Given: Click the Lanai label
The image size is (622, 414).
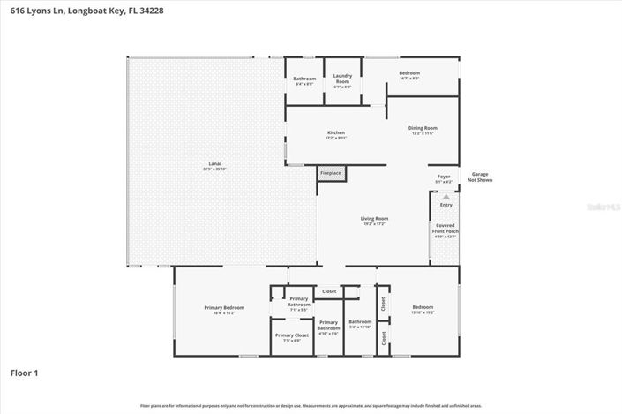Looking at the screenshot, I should tap(214, 165).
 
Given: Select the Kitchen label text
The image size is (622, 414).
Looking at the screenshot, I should tap(336, 134).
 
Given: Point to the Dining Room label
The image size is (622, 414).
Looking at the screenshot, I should tap(423, 130).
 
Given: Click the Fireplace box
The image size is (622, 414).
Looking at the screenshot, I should tap(331, 174).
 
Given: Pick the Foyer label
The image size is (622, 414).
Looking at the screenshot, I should tap(444, 178).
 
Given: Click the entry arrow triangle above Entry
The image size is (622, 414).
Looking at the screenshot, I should tap(446, 196).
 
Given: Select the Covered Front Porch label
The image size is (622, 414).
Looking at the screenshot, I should tap(446, 230).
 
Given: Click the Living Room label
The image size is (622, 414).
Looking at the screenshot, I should tap(375, 221).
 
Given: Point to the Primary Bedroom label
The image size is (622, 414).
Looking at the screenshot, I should tap(224, 309).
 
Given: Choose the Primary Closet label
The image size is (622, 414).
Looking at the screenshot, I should tap(291, 337).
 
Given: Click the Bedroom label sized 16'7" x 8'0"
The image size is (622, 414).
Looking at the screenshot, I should tap(409, 75).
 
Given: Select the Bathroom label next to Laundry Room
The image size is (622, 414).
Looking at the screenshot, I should tap(304, 80).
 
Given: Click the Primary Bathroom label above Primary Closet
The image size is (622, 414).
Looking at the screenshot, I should tap(299, 304).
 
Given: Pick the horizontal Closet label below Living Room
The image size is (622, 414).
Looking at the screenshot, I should tap(329, 290).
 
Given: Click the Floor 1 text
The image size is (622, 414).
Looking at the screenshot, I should tap(24, 373).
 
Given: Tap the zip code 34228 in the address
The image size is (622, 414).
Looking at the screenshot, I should tap(152, 11).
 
